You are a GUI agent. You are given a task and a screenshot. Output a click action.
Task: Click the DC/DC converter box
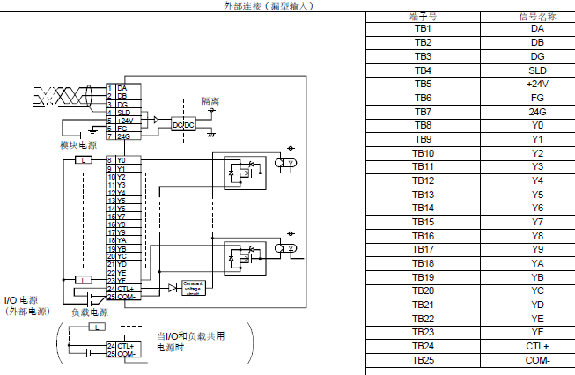tap(183, 124)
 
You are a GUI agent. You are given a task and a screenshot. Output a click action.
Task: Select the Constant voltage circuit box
tap(193, 287)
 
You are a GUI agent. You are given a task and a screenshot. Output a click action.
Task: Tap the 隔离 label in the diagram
tap(210, 102)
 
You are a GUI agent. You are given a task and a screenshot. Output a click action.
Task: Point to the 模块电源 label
tap(78, 144)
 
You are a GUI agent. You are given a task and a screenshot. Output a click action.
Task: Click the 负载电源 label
tap(90, 312)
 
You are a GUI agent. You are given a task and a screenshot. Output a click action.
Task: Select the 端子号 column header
tap(423, 16)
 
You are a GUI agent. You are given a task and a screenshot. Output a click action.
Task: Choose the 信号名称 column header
tap(537, 16)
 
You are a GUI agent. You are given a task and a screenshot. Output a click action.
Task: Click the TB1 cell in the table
tap(423, 28)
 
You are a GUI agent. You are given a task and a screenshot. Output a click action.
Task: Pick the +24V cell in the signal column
tap(537, 84)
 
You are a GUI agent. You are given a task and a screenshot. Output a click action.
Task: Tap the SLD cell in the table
tap(537, 70)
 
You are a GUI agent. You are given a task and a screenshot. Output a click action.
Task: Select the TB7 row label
tap(423, 112)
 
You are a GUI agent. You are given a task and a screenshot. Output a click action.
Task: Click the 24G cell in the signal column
tap(537, 112)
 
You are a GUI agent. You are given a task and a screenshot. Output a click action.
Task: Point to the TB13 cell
tap(423, 195)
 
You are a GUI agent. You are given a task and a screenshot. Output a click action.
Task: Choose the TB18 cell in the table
tap(423, 263)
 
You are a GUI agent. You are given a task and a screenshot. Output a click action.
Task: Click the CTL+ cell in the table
tap(537, 346)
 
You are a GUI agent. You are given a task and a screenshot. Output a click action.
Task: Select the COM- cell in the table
tap(537, 360)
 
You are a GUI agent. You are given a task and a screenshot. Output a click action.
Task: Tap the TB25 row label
tap(423, 360)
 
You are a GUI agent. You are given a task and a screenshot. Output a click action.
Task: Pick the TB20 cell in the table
tap(423, 290)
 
